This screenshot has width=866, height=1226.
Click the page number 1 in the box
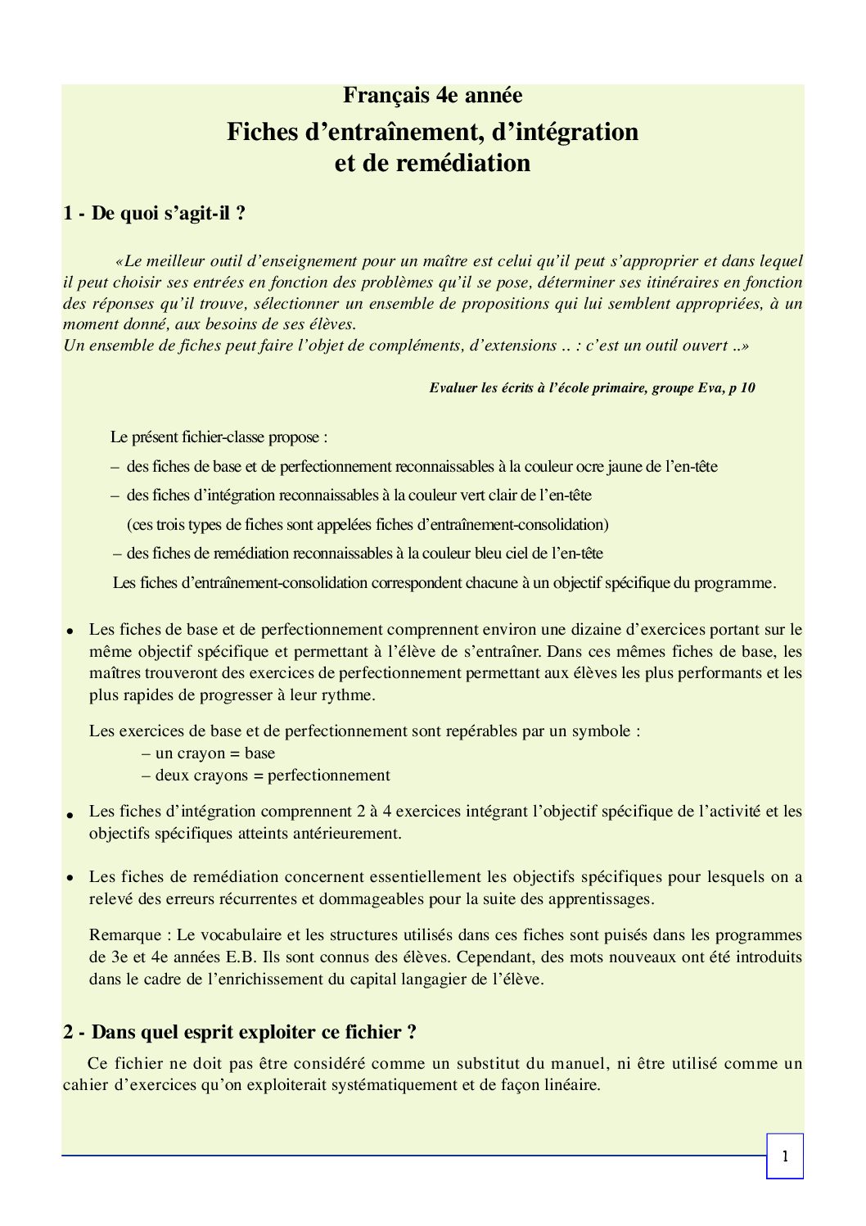tap(785, 1156)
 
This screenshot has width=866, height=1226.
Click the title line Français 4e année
tap(432, 96)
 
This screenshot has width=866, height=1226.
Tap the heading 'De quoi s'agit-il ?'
tap(169, 214)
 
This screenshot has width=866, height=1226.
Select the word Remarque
tap(125, 934)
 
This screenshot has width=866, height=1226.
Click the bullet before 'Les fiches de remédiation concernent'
tap(71, 877)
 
